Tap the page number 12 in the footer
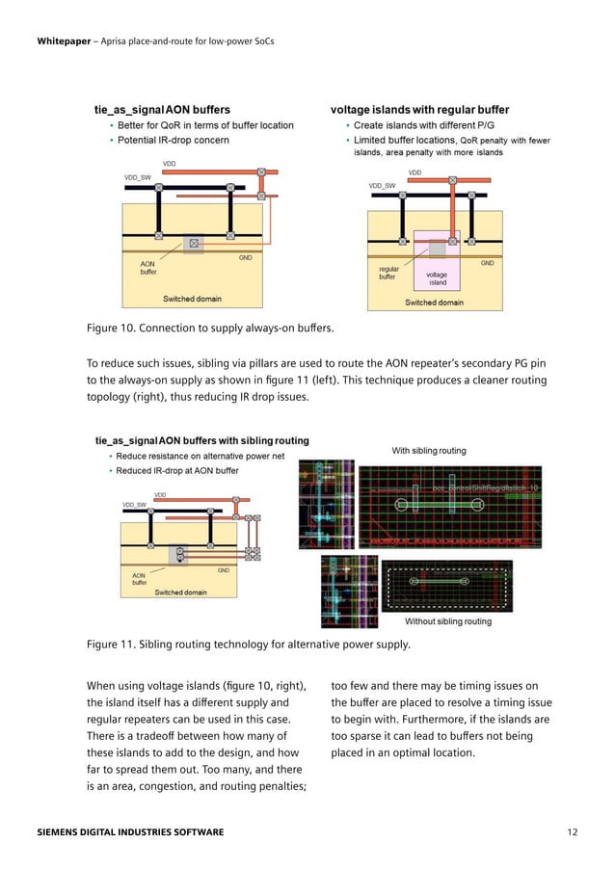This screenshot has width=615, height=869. coord(575,830)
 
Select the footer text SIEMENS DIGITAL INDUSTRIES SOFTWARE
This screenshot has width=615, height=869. coord(130,830)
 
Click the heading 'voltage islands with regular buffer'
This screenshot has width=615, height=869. coord(419,110)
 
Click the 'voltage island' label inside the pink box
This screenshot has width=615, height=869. coord(437,279)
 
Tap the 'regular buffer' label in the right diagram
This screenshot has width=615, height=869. coord(388,273)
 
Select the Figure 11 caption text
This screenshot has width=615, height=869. coord(249,644)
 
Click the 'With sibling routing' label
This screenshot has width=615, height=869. coord(428,450)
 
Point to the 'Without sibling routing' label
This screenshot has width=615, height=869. coord(447,621)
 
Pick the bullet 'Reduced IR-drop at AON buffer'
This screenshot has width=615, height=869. coord(177,471)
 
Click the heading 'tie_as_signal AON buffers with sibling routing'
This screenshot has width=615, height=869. coord(201,440)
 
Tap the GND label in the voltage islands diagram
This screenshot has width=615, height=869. coord(487,263)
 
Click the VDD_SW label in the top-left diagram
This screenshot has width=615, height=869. coord(137,178)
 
